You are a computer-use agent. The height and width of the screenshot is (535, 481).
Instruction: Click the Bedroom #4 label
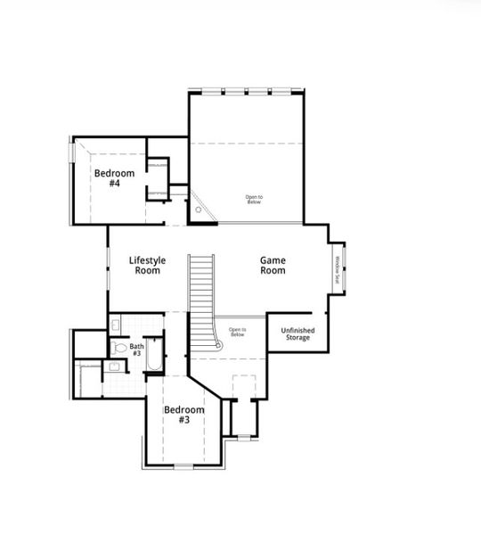(114, 177)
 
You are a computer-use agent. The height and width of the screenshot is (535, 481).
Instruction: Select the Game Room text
(273, 265)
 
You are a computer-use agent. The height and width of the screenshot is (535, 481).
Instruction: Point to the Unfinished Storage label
(298, 334)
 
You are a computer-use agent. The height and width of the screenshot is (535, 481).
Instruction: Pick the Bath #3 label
(137, 350)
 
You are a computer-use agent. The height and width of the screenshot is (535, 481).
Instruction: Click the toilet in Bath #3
(119, 348)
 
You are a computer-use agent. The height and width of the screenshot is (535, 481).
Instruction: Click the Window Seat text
(338, 269)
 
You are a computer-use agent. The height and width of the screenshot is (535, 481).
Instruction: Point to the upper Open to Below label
(255, 200)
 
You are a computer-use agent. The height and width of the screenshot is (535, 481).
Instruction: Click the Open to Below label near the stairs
(237, 332)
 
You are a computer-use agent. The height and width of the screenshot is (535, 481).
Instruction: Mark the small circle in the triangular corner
(199, 210)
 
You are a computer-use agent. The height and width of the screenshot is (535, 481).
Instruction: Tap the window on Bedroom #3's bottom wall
(184, 466)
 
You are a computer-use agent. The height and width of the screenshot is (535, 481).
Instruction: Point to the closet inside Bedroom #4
(158, 178)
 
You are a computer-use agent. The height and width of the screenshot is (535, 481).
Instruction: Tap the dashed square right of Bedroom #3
(242, 387)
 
